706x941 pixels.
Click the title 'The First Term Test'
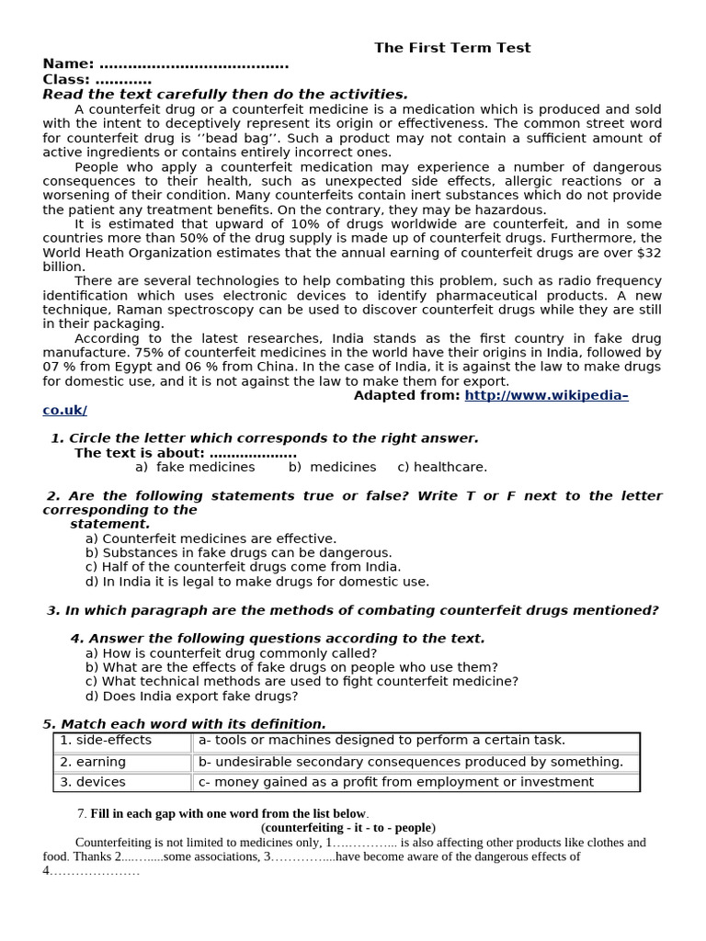click(x=451, y=48)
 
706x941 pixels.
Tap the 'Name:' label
click(x=68, y=63)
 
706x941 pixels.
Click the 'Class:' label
click(x=66, y=79)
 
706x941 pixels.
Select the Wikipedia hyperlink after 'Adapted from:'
click(x=546, y=395)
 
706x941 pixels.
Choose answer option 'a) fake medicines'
click(x=195, y=467)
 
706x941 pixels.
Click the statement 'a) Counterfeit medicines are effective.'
click(x=211, y=539)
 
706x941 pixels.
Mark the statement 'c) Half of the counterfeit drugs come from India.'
click(x=243, y=567)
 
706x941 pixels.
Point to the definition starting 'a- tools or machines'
click(x=381, y=741)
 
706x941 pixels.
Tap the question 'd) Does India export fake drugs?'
click(x=191, y=696)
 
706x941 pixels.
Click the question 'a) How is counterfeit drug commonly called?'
click(x=231, y=653)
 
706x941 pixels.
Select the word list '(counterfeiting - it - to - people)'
click(x=348, y=827)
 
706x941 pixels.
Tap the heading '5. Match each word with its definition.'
click(x=185, y=724)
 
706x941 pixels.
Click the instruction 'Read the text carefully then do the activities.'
click(x=225, y=95)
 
